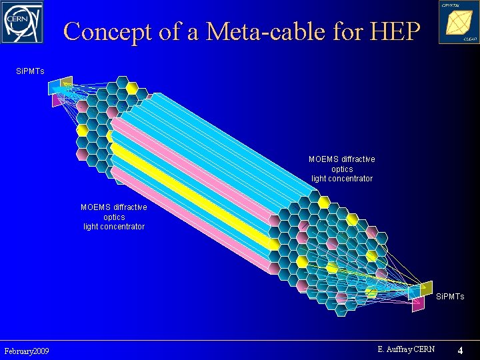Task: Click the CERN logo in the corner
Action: click(x=22, y=22)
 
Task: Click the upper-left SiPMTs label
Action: click(x=30, y=70)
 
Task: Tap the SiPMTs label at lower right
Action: click(x=450, y=296)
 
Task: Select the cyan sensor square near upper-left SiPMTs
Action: click(x=53, y=89)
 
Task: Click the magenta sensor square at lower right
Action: click(x=418, y=305)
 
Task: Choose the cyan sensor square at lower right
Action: click(x=414, y=292)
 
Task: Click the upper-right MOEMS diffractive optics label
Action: click(x=341, y=169)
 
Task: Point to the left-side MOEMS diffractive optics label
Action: click(x=114, y=217)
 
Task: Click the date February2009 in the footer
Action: click(x=26, y=351)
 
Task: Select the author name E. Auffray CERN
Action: click(x=405, y=349)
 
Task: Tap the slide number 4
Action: click(x=460, y=350)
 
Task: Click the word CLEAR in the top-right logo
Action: click(x=469, y=39)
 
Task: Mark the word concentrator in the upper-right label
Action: click(x=341, y=179)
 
